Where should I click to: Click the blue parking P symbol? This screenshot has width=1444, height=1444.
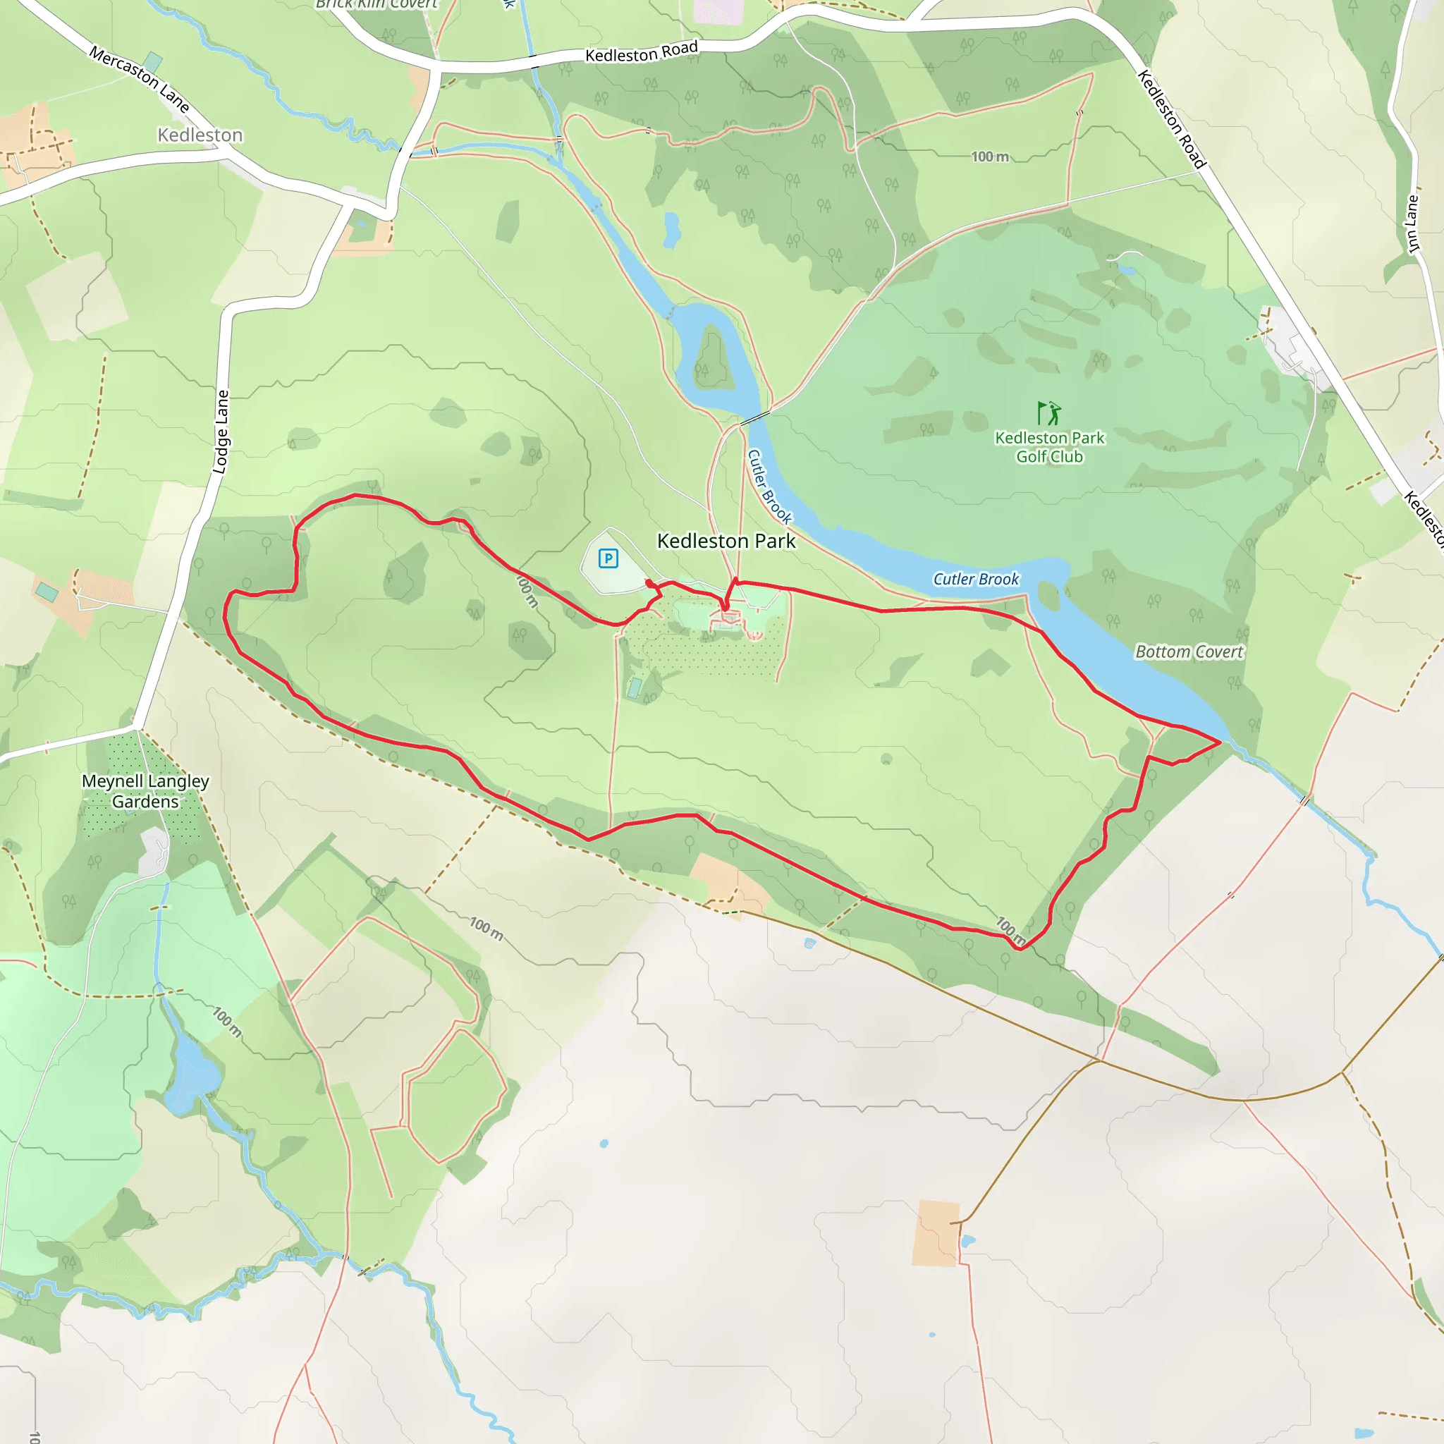point(608,558)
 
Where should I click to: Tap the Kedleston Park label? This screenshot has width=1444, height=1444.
point(726,540)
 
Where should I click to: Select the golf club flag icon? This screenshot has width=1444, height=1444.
point(1048,412)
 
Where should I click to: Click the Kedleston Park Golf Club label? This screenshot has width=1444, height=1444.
point(1048,447)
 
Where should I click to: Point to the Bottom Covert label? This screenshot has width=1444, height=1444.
point(1188,651)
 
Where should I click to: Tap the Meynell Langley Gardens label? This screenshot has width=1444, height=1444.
point(145,791)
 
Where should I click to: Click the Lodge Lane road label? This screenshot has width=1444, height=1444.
point(221,432)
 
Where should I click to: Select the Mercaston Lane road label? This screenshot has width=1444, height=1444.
point(139,78)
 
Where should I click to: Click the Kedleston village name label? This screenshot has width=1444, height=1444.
point(200,135)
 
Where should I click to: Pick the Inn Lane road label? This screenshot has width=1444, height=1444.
point(1412,224)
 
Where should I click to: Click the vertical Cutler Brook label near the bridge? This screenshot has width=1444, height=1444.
point(769,486)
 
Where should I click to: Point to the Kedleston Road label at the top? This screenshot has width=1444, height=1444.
point(642,52)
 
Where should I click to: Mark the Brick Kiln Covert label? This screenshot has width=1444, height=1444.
point(376,4)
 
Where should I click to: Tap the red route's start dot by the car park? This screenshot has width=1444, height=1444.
point(648,582)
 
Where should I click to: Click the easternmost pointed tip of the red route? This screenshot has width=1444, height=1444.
point(1220,742)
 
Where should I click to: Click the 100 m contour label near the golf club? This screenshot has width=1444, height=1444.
point(989,157)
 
